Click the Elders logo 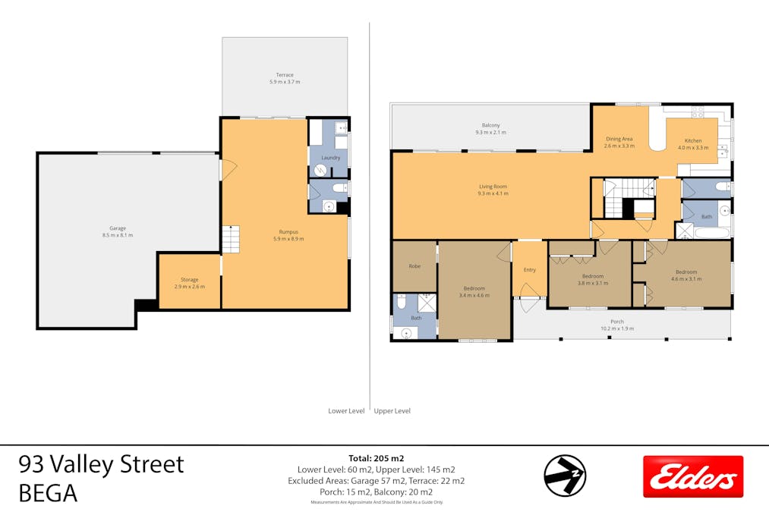(692, 476)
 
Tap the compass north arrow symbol (565, 476)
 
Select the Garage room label (118, 228)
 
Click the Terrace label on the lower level (285, 75)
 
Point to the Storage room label (189, 280)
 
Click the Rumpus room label (288, 232)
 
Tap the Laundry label (330, 158)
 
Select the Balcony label (490, 125)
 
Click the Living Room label (493, 187)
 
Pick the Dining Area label (619, 139)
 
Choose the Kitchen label (693, 141)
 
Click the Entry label (529, 270)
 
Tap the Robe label (414, 266)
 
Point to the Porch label (616, 322)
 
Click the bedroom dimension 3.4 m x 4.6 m (474, 295)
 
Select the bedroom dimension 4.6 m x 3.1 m (686, 279)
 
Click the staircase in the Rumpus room (230, 239)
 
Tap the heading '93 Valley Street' (101, 463)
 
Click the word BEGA (49, 493)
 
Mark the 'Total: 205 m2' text (376, 458)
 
